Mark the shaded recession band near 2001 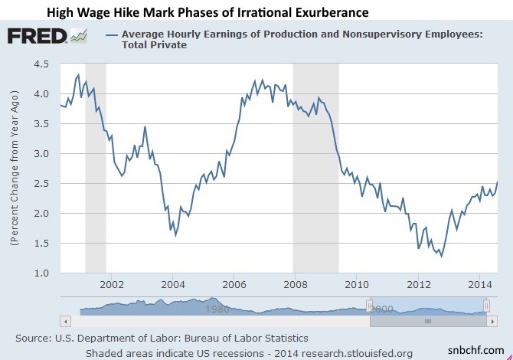[x=95, y=169]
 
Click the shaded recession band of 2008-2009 [x=315, y=169]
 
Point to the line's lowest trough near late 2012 [x=441, y=257]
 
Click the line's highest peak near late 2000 [x=78, y=75]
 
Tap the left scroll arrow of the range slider [x=65, y=320]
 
